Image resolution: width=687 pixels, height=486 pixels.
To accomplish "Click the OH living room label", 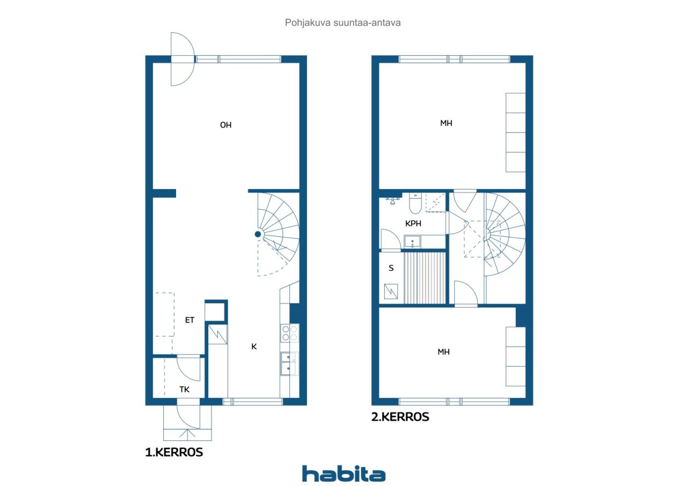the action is pos(226,125).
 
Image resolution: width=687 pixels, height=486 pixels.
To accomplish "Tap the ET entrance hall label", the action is pos(189,320).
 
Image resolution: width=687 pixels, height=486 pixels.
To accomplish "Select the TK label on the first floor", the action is pos(184,389).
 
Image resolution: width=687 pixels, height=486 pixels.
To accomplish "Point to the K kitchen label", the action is pos(254,346).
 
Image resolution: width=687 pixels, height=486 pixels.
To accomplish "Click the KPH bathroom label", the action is pos(413,223).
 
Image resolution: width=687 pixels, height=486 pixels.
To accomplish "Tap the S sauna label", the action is pos(391,268).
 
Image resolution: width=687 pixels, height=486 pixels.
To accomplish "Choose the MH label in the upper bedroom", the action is pos(446,123).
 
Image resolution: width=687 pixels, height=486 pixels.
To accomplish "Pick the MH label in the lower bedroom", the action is pos(443,352).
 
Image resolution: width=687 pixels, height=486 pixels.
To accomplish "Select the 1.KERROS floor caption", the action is pos(174,452).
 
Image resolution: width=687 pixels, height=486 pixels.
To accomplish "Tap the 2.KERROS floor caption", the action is pos(400,417).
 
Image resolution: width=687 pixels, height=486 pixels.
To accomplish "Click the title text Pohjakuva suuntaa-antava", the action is pos(342,23).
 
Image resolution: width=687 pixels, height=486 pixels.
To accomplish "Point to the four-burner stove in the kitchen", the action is pos(289,333).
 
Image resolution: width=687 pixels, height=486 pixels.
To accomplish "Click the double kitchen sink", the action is pos(289,364).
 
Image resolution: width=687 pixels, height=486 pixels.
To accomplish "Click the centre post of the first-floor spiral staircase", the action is pos(258,234).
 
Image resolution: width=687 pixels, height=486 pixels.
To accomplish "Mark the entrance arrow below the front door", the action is pos(187,434).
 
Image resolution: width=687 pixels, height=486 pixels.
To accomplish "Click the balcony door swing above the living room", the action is pos(182,59).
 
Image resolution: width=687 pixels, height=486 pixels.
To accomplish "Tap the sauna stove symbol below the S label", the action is pos(391,292).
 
